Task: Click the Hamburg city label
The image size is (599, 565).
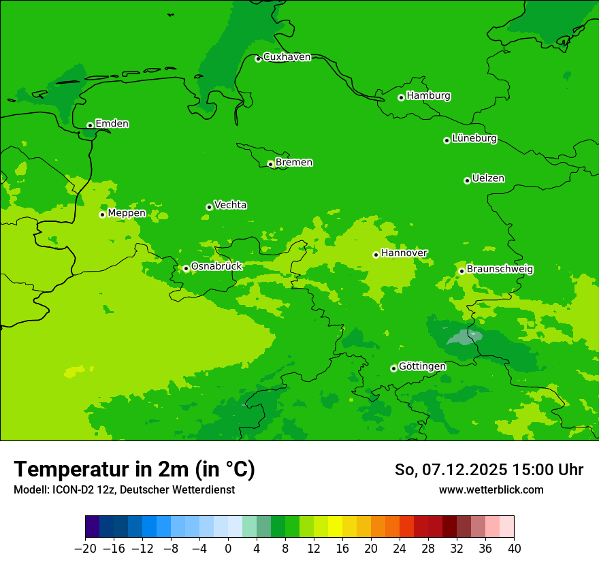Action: click(428, 96)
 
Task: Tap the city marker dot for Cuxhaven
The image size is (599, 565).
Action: click(258, 59)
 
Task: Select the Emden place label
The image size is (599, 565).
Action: click(112, 124)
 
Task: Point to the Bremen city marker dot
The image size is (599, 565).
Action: click(270, 164)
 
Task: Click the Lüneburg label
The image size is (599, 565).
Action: click(474, 138)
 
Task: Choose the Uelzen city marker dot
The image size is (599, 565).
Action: click(467, 180)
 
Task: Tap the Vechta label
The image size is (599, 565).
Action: click(230, 205)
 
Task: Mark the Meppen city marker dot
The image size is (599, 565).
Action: click(102, 214)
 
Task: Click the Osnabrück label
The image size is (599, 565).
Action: click(216, 266)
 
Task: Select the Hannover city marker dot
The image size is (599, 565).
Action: click(376, 255)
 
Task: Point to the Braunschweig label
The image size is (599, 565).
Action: click(500, 270)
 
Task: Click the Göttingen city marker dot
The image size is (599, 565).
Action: click(393, 368)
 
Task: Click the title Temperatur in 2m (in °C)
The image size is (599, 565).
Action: click(134, 470)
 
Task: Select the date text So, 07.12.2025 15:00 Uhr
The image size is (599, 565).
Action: click(489, 470)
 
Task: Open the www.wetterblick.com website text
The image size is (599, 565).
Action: click(491, 489)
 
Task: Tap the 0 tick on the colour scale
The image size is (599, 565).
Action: click(228, 549)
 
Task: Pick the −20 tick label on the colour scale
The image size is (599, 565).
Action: click(85, 549)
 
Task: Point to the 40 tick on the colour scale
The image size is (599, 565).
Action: click(514, 549)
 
